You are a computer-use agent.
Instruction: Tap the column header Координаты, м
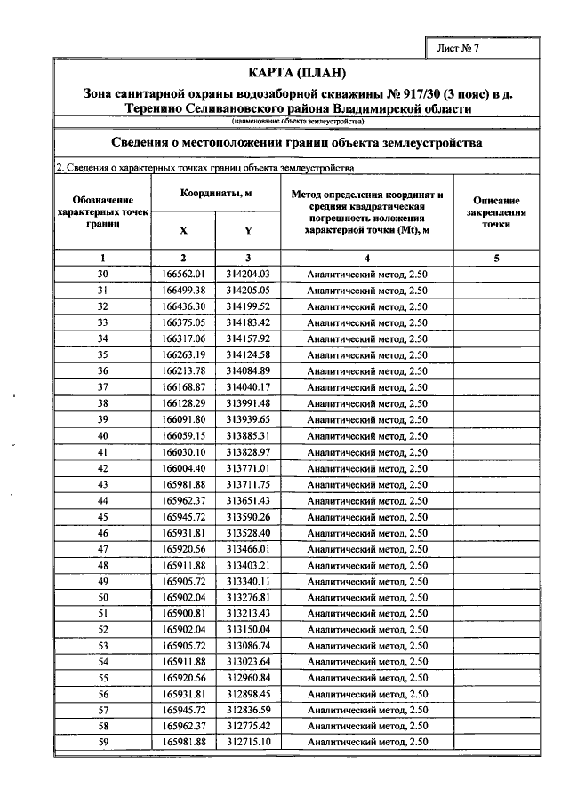[216, 193]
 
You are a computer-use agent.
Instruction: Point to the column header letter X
[183, 229]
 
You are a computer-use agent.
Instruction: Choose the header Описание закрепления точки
[496, 213]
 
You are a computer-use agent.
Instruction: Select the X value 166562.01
[184, 274]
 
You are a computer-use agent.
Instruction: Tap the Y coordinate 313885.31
[247, 436]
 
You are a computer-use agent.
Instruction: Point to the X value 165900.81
[184, 613]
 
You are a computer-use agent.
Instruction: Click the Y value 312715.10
[247, 742]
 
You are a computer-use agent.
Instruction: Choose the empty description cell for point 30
[496, 274]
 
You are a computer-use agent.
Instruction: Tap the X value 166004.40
[184, 468]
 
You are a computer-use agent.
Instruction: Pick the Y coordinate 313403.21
[247, 565]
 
